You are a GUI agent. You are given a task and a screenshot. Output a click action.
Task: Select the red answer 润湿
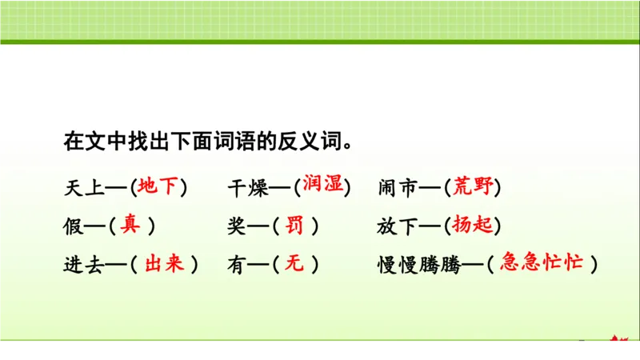point(323,185)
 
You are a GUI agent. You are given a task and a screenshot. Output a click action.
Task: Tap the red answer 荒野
point(472,187)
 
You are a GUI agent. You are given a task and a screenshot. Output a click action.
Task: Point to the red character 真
point(130,226)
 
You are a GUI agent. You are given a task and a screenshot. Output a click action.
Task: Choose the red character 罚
point(294,226)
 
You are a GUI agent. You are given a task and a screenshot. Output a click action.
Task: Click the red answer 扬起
point(472,226)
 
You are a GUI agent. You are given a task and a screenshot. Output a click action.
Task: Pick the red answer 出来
point(165,264)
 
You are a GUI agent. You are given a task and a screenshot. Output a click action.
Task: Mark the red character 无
point(294,264)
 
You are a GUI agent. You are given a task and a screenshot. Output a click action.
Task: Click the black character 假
point(73,226)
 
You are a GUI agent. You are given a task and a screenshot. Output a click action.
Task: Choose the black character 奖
point(237,226)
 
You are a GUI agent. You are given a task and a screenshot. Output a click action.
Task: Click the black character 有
point(237,265)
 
